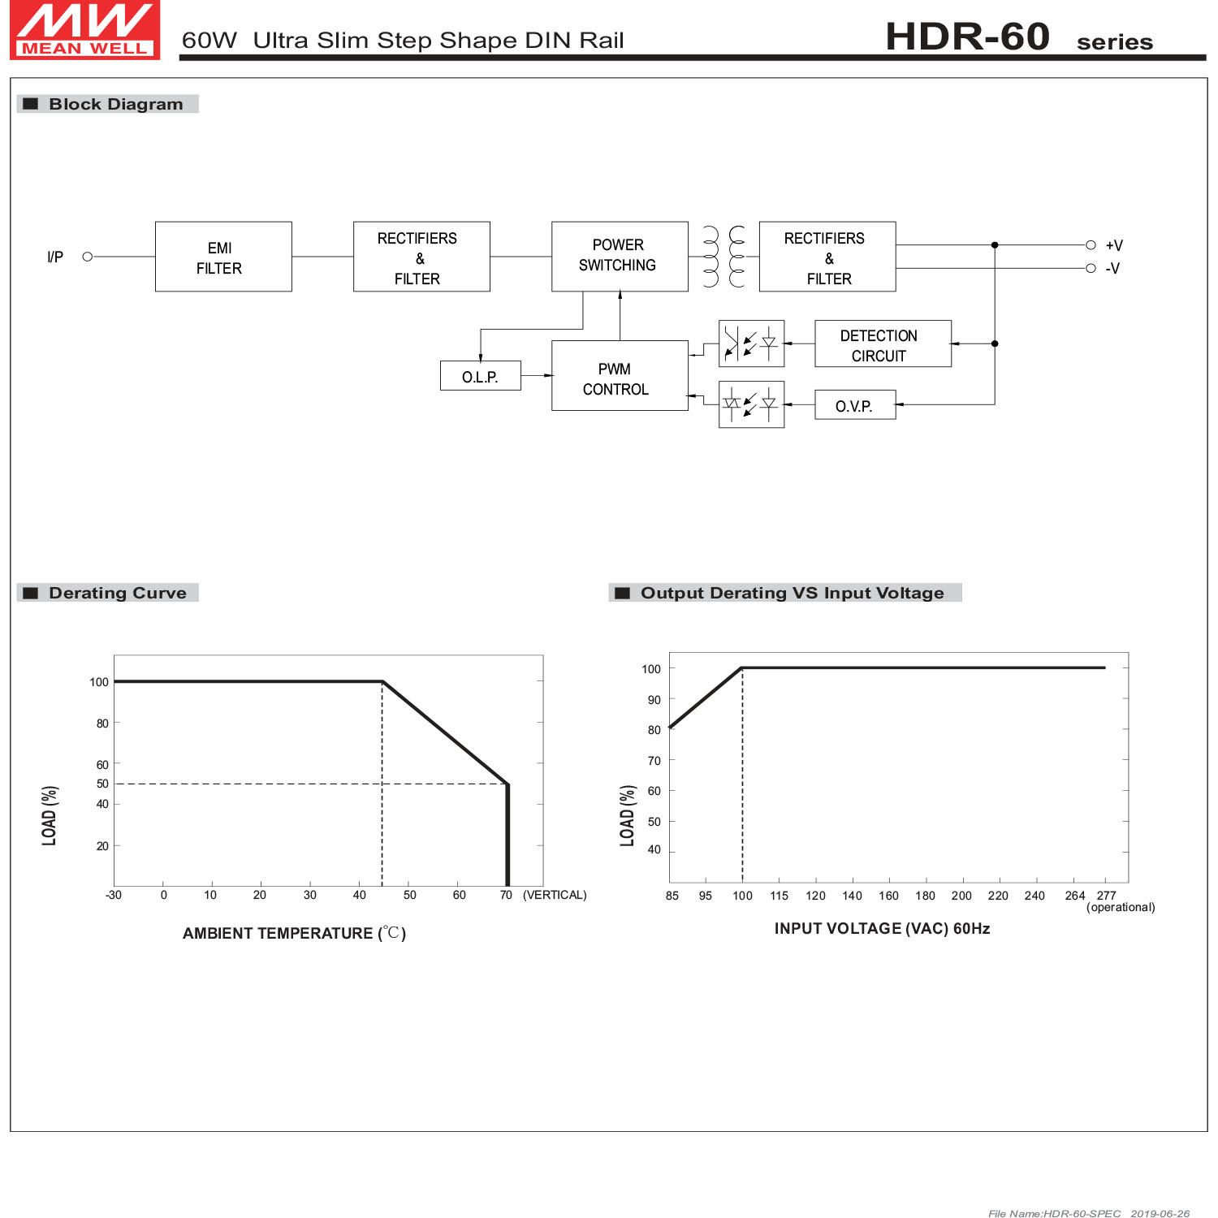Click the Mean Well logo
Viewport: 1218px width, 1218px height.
pos(84,30)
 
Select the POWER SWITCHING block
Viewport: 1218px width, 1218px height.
pos(620,256)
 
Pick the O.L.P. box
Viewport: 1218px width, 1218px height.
pos(480,376)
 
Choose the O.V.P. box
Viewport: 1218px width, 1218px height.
pos(855,405)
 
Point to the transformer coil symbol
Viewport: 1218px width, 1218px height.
pos(723,257)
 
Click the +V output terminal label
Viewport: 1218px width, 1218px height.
pos(1114,245)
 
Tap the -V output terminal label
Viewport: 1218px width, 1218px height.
pos(1112,269)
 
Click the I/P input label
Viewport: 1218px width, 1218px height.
pos(55,257)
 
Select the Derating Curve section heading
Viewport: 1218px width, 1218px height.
pos(117,593)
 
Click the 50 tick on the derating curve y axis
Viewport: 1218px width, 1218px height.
pos(102,784)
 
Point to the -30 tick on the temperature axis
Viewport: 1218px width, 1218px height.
pos(114,895)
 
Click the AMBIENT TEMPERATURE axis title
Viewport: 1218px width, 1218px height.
pos(294,933)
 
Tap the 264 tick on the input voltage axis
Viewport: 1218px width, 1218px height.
pos(1074,896)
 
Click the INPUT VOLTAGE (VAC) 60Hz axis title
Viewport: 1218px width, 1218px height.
pos(882,928)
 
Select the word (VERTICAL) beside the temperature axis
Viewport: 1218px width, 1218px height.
pos(555,895)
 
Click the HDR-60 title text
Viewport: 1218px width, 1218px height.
pos(967,37)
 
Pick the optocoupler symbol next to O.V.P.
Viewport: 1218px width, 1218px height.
pos(751,404)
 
